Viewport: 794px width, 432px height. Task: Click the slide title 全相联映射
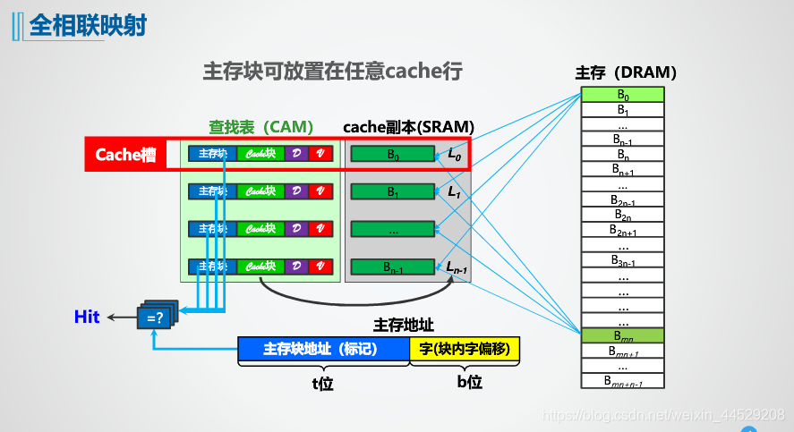88,24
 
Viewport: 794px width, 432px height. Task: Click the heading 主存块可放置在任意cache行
332,72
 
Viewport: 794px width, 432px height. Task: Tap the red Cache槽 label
125,155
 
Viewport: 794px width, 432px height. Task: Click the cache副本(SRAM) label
409,127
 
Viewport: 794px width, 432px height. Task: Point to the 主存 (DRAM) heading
625,72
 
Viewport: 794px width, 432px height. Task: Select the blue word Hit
87,317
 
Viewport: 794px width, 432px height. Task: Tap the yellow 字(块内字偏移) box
465,350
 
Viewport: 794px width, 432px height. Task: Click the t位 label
322,382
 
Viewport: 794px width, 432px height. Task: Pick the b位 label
469,382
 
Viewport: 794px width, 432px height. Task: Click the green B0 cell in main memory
622,95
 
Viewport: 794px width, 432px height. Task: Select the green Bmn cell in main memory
622,336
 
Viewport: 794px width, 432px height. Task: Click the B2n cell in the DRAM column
622,216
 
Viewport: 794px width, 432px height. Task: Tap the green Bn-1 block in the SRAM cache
393,267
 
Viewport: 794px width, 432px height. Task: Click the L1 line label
454,191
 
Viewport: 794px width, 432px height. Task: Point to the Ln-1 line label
456,267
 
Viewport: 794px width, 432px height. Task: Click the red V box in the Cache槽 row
321,154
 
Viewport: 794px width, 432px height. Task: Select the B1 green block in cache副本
393,191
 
